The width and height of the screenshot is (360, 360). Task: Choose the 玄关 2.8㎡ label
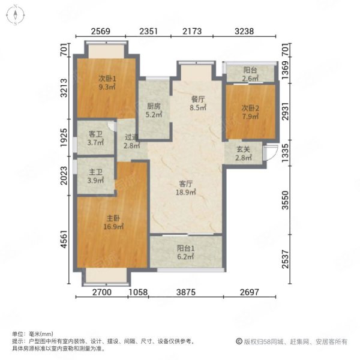[x=243, y=153]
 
